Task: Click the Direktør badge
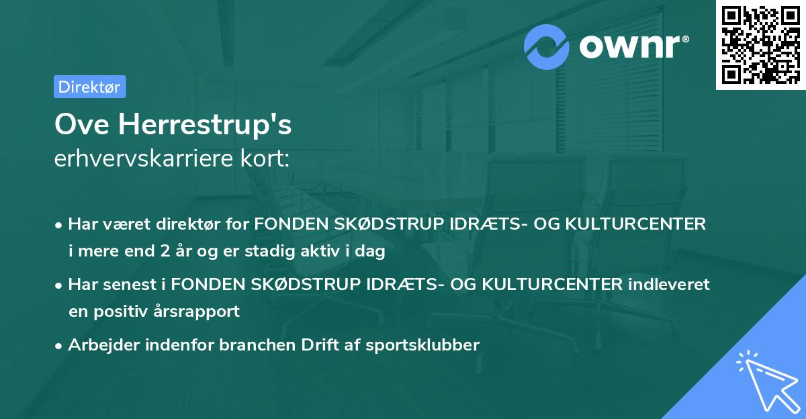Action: tap(89, 87)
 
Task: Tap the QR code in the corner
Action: tap(760, 45)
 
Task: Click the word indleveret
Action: tap(669, 285)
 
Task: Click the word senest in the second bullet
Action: tap(134, 285)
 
